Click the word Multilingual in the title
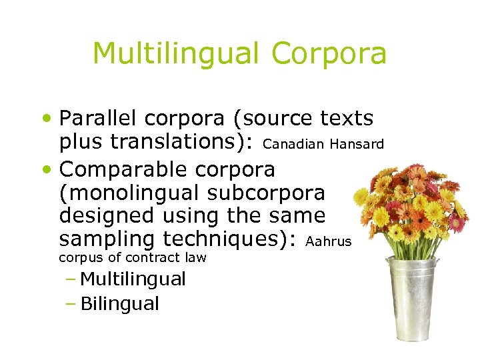[x=175, y=53]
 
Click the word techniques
[x=227, y=239]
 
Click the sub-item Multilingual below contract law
[x=133, y=279]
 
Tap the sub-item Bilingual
[x=119, y=304]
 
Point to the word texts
[x=347, y=119]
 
